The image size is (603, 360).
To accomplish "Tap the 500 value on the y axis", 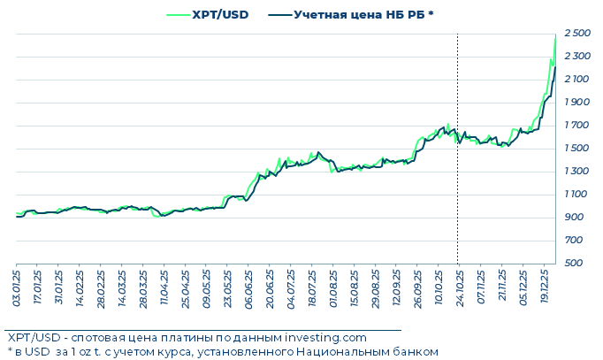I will pyautogui.click(x=575, y=264).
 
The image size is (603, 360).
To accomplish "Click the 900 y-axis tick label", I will pyautogui.click(x=575, y=218).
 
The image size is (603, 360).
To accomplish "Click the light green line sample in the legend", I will pyautogui.click(x=177, y=14).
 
